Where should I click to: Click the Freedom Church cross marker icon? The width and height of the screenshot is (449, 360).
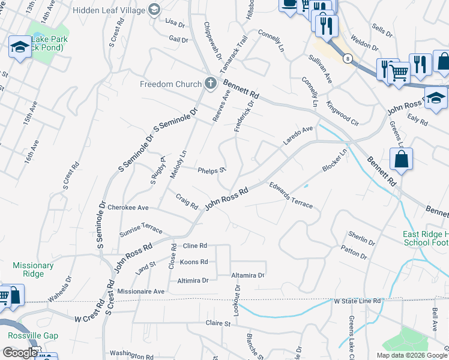(210, 83)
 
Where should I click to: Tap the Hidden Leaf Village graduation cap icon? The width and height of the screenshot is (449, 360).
(154, 10)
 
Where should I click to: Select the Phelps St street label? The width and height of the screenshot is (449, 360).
(212, 170)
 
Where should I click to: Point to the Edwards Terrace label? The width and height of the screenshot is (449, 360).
(291, 196)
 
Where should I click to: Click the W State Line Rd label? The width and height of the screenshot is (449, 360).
(358, 301)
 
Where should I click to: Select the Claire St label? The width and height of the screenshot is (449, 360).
(218, 323)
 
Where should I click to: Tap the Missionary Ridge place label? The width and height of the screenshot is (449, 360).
(33, 269)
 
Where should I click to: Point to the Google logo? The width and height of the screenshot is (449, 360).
(19, 353)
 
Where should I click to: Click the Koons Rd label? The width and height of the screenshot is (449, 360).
(194, 262)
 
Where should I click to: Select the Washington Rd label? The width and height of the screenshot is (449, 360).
(132, 355)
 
